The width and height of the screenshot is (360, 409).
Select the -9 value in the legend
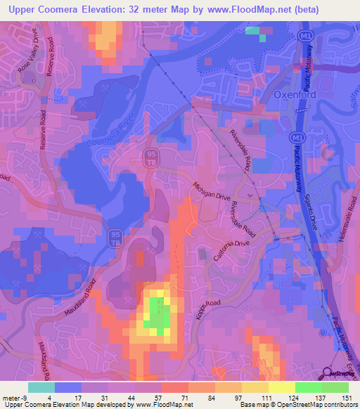(23, 398)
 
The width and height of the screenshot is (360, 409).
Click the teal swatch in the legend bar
(41, 387)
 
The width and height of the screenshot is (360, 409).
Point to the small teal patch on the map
(256, 32)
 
